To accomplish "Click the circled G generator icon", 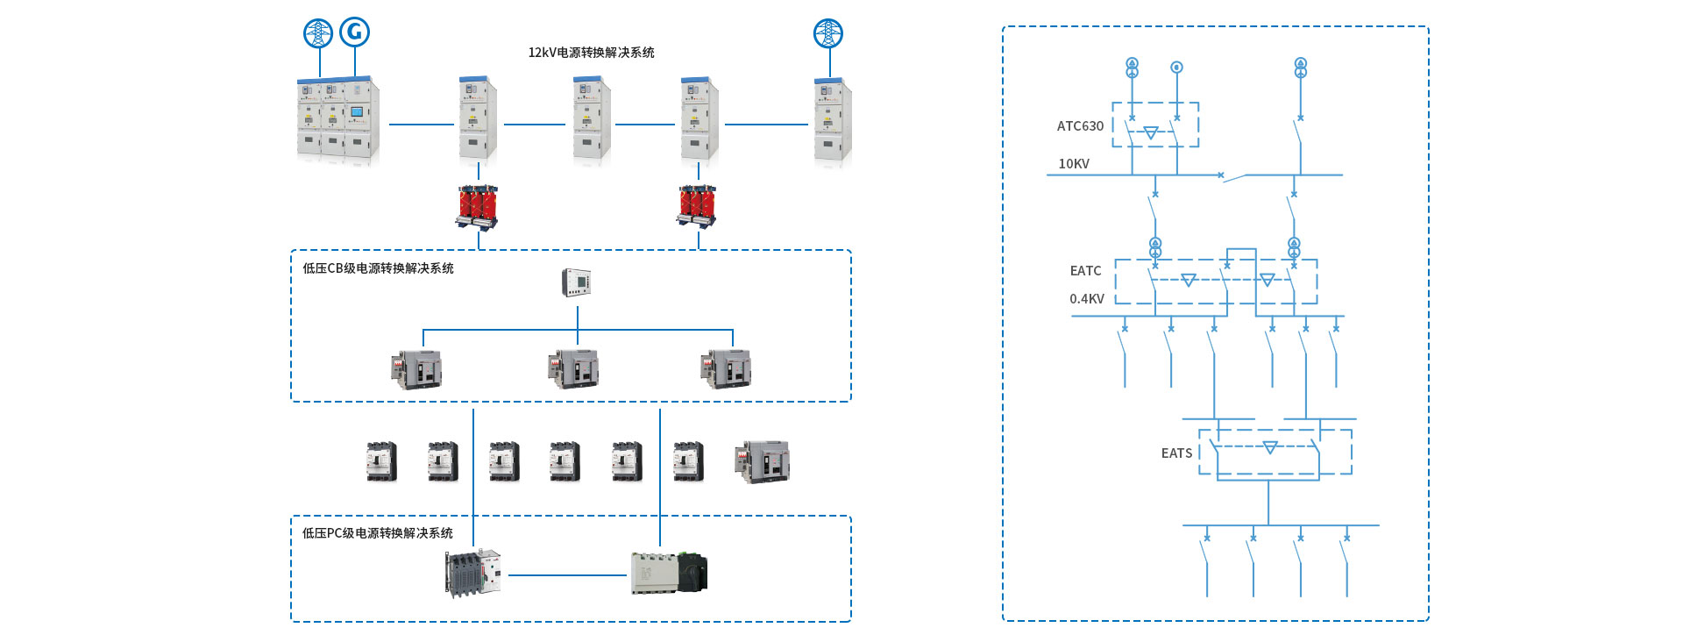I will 354,32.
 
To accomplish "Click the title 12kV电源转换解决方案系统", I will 591,53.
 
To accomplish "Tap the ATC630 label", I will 1080,126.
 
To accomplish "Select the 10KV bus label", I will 1074,164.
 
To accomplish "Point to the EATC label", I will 1085,271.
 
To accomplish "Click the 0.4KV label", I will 1087,299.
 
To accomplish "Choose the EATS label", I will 1176,453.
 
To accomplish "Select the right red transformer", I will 698,205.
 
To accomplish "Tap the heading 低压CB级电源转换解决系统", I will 378,268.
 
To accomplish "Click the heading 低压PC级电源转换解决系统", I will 378,533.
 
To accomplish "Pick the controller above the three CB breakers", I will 576,282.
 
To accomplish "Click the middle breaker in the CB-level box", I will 573,368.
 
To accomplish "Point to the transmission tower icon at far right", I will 828,33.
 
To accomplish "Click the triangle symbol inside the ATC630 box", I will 1151,132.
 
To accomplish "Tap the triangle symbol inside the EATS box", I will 1269,448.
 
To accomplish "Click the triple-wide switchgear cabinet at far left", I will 338,120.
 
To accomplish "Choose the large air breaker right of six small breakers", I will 762,461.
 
